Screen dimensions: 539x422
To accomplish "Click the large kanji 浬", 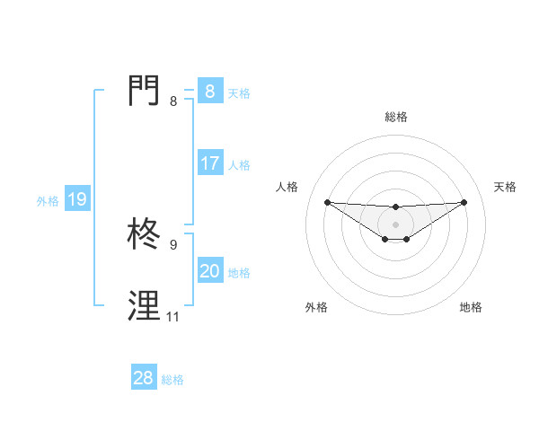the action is click(146, 306).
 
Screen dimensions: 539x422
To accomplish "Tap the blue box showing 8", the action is click(209, 92).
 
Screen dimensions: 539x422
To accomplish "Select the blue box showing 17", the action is click(209, 163).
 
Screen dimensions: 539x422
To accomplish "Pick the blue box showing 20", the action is click(209, 271).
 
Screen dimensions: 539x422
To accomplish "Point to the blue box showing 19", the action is click(76, 199).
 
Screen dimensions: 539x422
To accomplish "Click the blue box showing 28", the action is click(143, 378).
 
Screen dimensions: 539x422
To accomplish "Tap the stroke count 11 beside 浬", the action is click(172, 317).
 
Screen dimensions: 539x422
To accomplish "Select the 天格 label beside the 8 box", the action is click(239, 92).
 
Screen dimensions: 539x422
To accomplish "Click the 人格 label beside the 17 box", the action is click(239, 164).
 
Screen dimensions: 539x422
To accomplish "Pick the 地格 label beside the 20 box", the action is click(239, 272).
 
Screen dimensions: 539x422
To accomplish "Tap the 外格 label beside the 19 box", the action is click(48, 201).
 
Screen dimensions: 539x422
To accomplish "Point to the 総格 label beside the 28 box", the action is click(172, 380).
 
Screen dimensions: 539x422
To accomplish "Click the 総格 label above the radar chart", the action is click(395, 117).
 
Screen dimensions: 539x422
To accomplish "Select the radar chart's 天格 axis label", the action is click(505, 187).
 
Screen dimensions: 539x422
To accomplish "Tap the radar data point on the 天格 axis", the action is click(464, 202).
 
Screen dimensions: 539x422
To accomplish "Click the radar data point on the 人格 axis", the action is click(327, 202).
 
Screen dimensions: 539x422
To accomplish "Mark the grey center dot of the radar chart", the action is click(395, 224).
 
